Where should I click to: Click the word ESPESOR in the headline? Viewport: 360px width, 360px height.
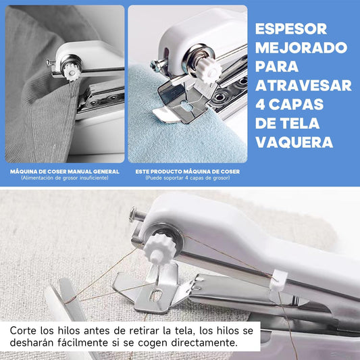tap(291, 29)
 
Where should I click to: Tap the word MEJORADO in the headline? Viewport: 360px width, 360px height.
tap(301, 48)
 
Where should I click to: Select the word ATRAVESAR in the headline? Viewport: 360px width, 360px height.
tap(303, 85)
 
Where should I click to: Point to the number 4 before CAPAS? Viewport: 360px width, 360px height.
tap(260, 104)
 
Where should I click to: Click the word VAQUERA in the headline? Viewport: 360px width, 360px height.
tap(294, 142)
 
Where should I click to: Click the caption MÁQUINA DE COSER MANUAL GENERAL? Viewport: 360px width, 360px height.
tap(65, 172)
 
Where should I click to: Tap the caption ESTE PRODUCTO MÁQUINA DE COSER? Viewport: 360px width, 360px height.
tap(188, 172)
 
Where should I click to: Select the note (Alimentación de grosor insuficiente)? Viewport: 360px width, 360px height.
tap(65, 178)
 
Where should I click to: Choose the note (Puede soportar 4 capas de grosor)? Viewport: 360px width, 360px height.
tap(188, 178)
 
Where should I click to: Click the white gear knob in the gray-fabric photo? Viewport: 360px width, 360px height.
tap(72, 72)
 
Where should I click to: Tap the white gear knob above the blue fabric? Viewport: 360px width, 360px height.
tap(209, 70)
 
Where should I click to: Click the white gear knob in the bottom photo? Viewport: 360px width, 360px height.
tap(160, 249)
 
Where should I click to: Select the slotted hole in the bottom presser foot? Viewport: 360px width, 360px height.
tap(156, 295)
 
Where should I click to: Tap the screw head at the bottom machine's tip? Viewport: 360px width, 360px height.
tap(132, 214)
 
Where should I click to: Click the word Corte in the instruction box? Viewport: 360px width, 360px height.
tap(23, 331)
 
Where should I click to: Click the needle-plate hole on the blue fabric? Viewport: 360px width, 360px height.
tap(186, 106)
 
